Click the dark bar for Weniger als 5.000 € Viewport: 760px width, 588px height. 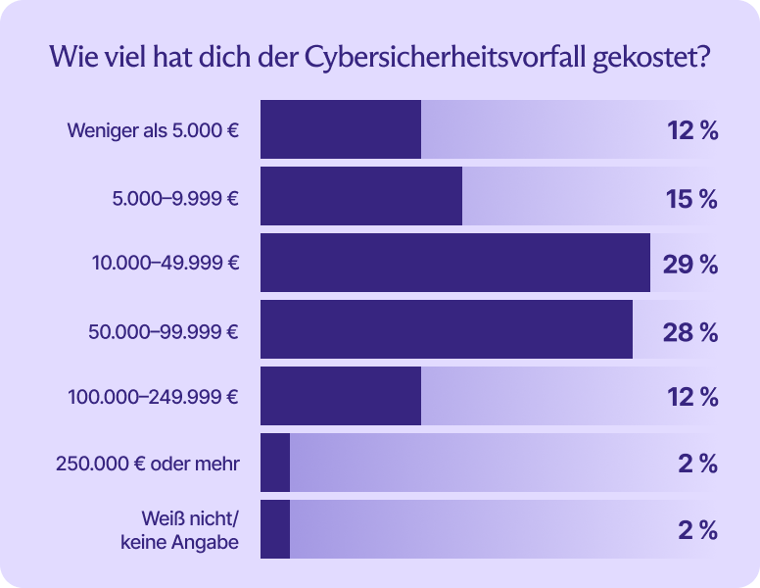pos(340,129)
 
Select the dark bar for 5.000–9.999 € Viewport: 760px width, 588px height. pos(360,196)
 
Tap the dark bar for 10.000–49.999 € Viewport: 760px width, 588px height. pos(454,263)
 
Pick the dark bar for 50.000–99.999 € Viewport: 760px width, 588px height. pos(446,329)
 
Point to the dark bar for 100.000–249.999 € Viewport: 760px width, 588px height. pos(340,396)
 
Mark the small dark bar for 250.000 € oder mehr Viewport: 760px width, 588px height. pos(275,463)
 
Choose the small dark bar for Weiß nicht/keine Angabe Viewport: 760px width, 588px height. pos(275,529)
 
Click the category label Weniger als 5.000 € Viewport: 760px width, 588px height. pos(153,130)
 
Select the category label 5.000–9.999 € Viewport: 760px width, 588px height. pos(176,197)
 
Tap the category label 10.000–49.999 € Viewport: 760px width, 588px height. pos(165,264)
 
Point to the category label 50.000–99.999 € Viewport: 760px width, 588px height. pos(164,330)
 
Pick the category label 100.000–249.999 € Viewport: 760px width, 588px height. pos(154,397)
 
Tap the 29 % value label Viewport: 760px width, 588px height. pos(690,264)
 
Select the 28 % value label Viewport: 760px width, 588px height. pos(690,330)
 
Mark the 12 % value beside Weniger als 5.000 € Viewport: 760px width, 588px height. pos(692,130)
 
